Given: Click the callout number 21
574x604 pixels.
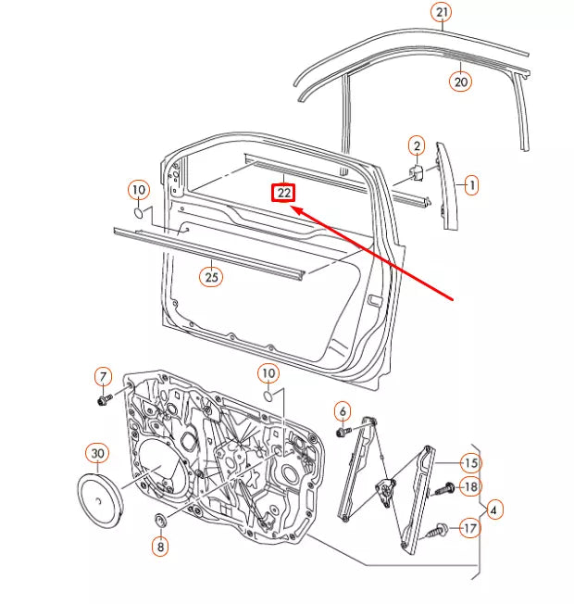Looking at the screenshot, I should point(442,12).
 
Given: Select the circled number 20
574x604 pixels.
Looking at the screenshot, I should point(461,81).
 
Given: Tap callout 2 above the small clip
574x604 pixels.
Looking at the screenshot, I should point(417,145).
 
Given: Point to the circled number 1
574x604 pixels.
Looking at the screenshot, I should point(470,185).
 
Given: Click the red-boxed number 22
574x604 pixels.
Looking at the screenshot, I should point(282,193).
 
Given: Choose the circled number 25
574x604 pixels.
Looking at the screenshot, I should point(212,275).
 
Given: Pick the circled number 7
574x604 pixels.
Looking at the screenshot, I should point(103,376).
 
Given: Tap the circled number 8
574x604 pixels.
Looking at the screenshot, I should point(161,547).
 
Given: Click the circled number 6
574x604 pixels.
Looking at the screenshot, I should point(342,410).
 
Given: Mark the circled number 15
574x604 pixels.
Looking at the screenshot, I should point(470,462).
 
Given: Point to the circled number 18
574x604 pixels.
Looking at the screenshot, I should point(470,486).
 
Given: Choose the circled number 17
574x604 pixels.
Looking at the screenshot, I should point(470,528).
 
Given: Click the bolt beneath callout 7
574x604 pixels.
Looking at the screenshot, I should point(104,400).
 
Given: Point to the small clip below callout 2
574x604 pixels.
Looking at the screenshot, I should point(418,172).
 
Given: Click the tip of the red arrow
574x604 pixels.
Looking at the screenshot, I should point(293,208).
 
